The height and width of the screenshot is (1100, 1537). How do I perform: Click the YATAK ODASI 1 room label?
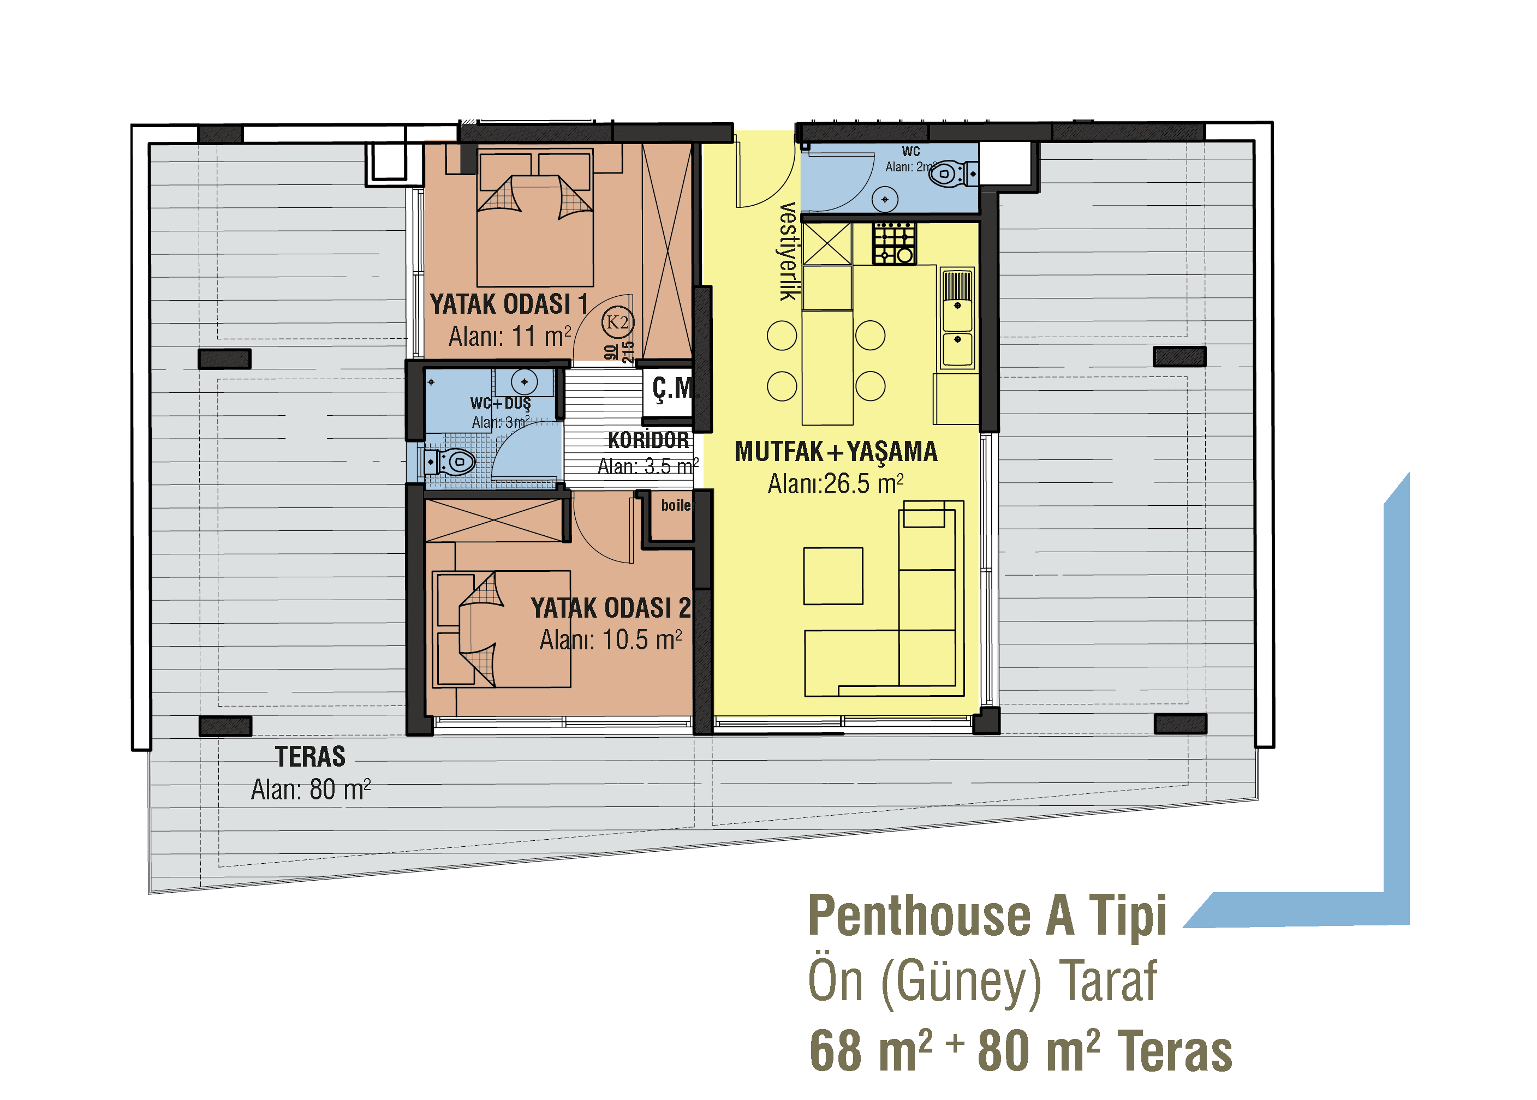click(x=509, y=304)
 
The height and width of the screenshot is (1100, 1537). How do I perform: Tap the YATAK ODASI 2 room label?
click(x=610, y=608)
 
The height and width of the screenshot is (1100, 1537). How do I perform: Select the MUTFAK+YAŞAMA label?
click(x=836, y=452)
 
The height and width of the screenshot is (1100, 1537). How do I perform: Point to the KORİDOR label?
click(x=648, y=440)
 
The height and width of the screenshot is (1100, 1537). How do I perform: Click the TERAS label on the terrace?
click(x=310, y=757)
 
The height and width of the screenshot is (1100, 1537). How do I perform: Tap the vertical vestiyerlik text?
click(x=788, y=252)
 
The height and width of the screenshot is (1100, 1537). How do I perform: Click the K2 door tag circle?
click(x=617, y=322)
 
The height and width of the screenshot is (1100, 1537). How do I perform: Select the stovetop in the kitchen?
click(x=894, y=243)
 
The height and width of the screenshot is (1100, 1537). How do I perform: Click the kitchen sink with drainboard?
click(x=957, y=318)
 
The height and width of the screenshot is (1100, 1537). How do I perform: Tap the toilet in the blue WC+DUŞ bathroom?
click(x=450, y=463)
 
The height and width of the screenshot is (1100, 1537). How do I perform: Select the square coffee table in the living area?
click(x=833, y=576)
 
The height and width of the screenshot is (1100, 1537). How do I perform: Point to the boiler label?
click(x=675, y=505)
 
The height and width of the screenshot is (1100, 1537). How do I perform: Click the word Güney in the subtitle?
click(x=961, y=983)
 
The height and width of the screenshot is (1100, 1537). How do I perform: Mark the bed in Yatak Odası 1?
click(x=535, y=218)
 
